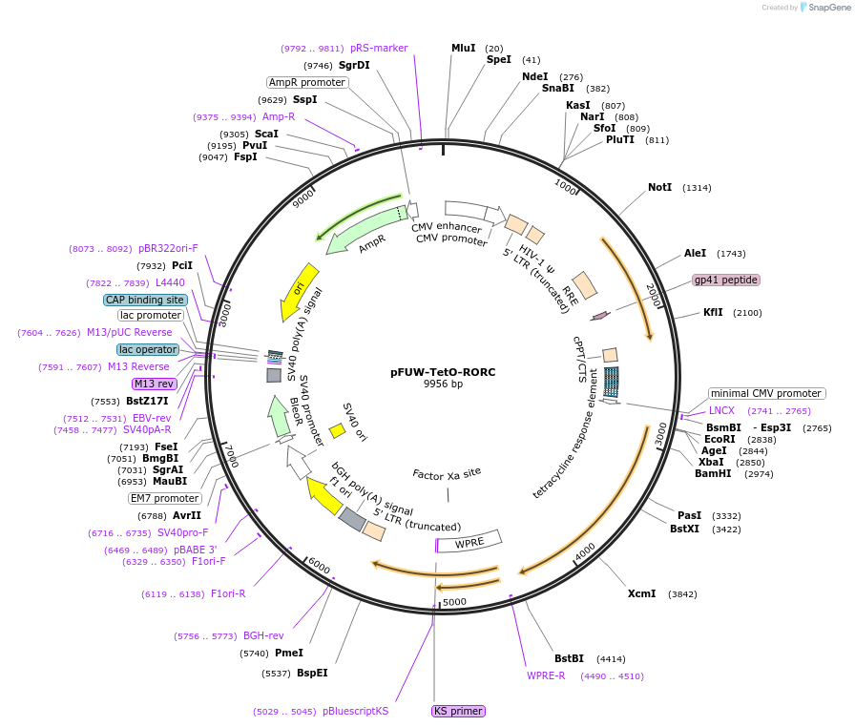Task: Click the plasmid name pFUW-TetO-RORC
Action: [443, 372]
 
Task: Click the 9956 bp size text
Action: [443, 384]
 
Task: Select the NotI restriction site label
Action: [659, 187]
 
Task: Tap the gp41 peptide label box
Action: [726, 280]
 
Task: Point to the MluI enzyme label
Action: [463, 48]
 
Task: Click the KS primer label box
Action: [458, 711]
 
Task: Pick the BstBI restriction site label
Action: [569, 658]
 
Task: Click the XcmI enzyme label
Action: [641, 593]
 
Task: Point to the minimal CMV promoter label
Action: [766, 393]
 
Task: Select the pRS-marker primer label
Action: [378, 48]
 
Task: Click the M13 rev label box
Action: [155, 384]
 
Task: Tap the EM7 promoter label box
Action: [164, 498]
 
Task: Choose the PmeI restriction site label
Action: [288, 653]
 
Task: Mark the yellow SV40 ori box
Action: [337, 431]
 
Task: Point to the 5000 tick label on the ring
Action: [454, 602]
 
